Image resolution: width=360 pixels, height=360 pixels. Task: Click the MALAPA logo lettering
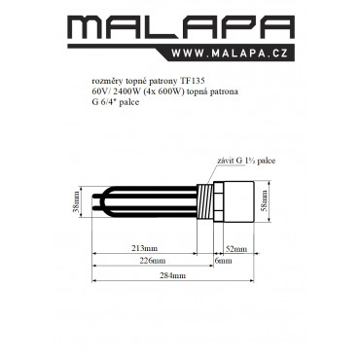tap(181, 27)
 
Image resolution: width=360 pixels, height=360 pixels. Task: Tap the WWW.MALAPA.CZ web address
tap(230, 54)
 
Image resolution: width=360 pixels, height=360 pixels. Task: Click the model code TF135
tap(193, 81)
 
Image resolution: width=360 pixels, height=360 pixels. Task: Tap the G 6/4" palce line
tap(116, 102)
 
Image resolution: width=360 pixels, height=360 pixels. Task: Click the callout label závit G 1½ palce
tap(246, 161)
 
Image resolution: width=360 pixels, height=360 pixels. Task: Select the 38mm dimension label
tap(76, 201)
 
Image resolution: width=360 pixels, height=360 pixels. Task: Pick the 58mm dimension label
tap(265, 200)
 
